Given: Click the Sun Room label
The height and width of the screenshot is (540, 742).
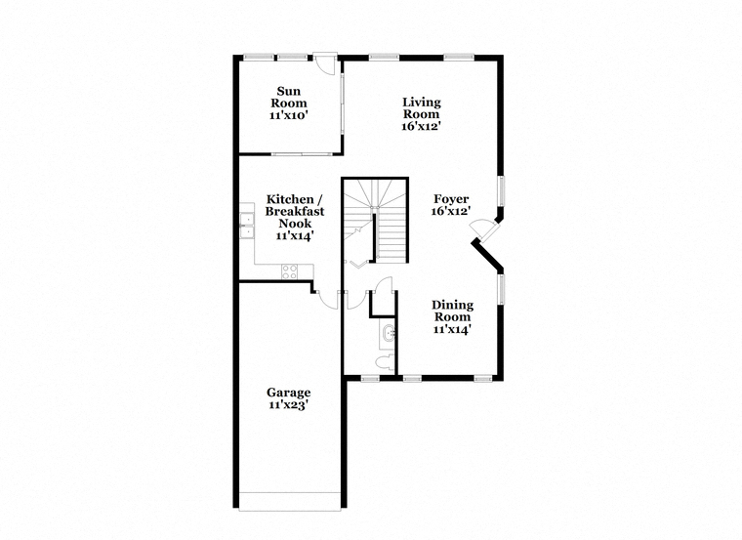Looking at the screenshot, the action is point(289,97).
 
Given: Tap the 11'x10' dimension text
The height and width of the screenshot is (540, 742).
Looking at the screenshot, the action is point(289,115).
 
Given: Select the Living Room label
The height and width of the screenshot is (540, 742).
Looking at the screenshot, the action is point(421,108).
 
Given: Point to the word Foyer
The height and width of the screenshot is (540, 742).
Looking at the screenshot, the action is point(451,199).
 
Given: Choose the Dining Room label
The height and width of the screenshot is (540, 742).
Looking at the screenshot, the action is point(452,311).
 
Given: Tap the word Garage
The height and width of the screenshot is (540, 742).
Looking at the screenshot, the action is point(289,393).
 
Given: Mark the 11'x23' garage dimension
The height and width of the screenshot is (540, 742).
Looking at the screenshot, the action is point(289,404).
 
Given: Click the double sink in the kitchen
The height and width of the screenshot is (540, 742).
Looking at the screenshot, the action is point(246,226).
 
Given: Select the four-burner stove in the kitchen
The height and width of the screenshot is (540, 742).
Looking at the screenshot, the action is point(290,271).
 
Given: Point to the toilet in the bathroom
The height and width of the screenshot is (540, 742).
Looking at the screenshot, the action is point(385,361).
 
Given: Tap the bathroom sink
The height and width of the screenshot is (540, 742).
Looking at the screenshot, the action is point(390,333).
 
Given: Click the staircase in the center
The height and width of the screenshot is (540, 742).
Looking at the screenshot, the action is point(375,220).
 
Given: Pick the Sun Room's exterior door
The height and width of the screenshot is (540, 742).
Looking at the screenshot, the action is point(325,62).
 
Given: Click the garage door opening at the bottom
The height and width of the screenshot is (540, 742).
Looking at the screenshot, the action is point(290,501).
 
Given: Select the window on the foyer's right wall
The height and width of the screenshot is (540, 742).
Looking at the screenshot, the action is point(500,190).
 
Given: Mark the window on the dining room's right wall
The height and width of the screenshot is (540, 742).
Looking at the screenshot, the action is point(500,289).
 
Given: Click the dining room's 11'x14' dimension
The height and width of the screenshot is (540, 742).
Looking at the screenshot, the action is point(452,329).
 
